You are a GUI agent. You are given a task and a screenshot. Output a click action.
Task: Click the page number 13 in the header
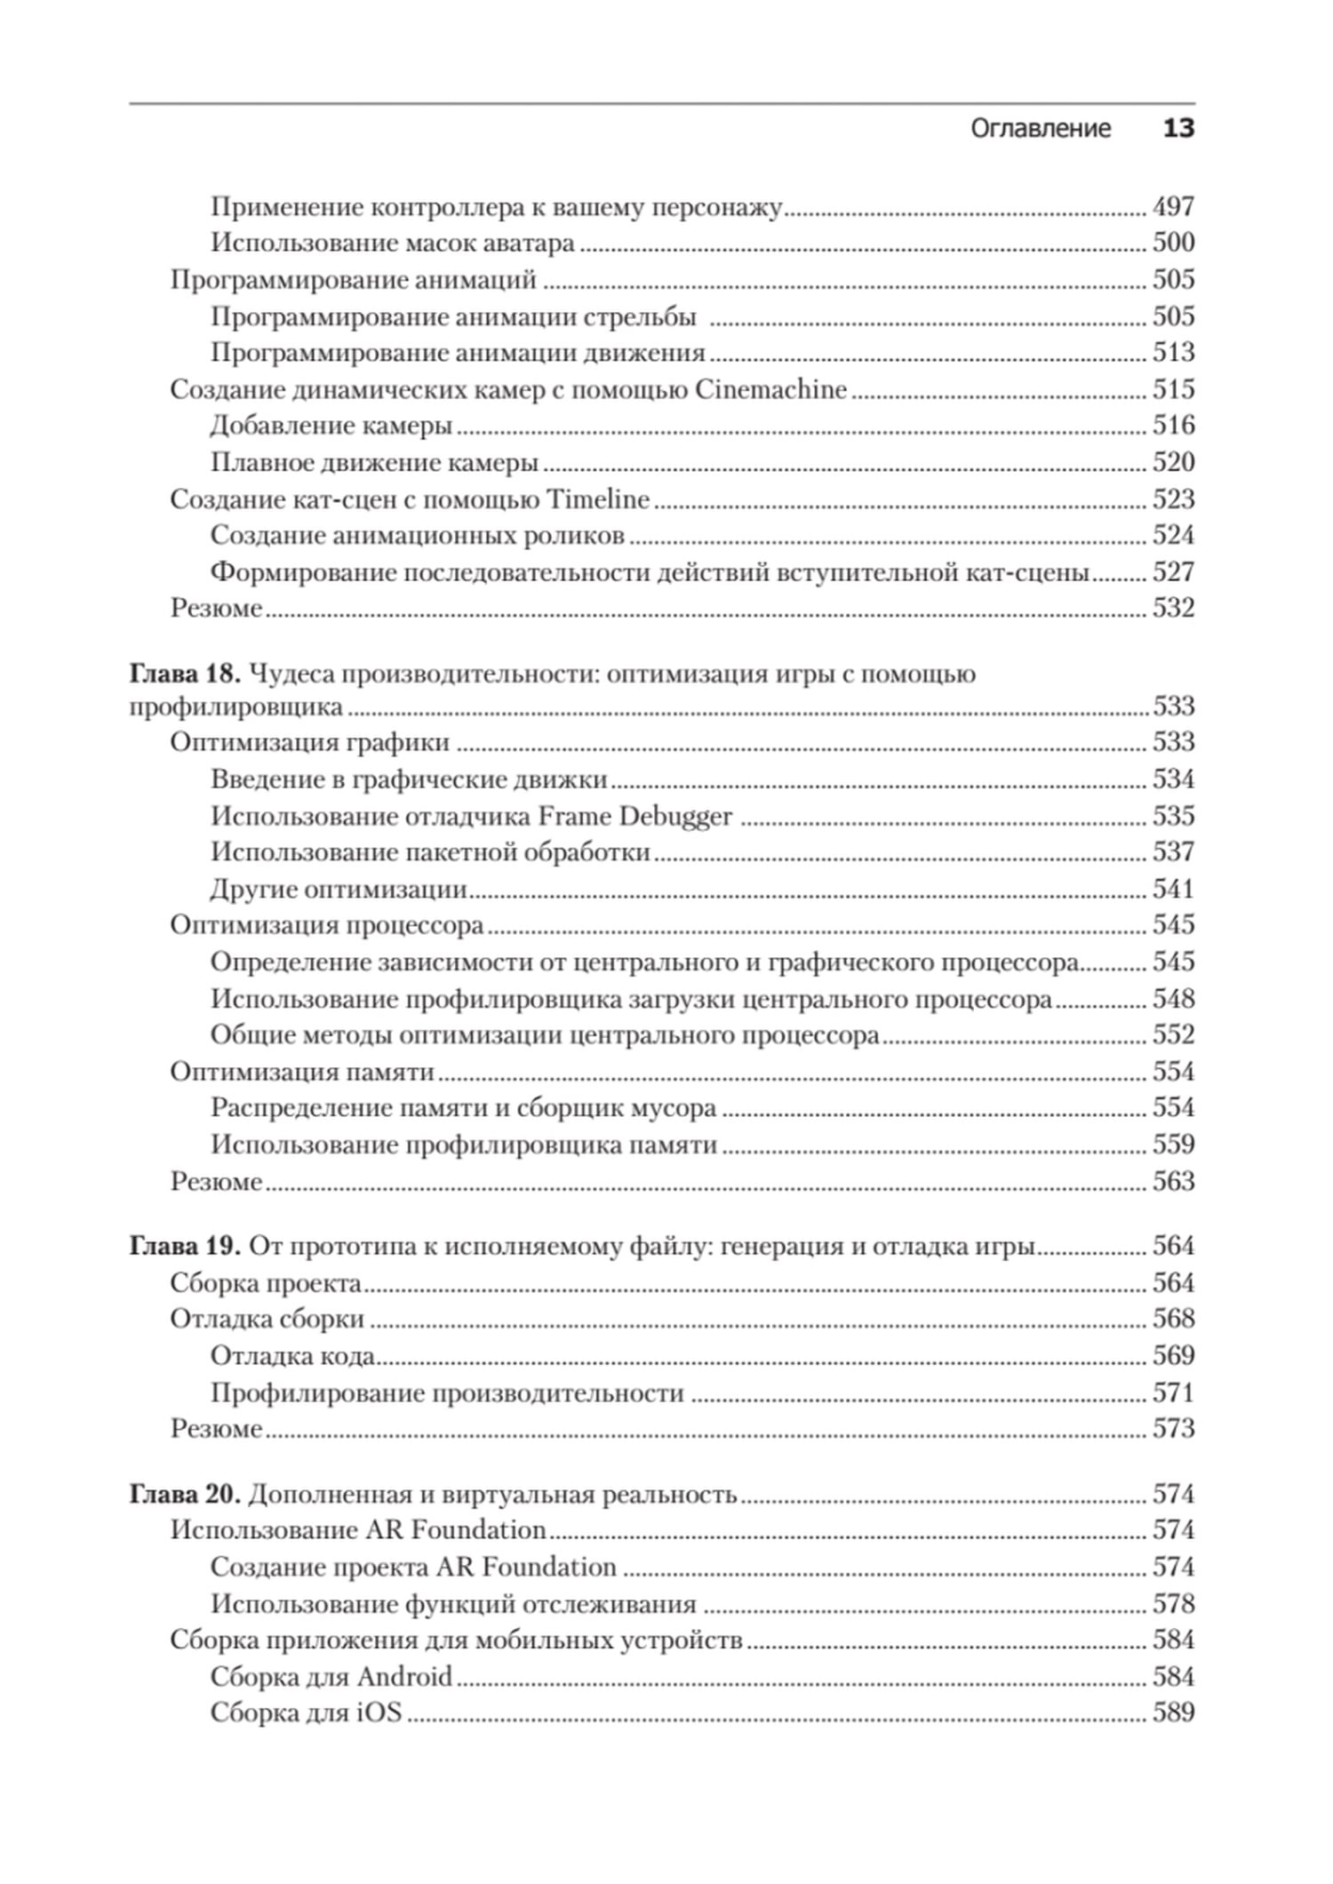[x=1178, y=129]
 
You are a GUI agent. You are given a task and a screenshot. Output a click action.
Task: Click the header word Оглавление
[x=1040, y=129]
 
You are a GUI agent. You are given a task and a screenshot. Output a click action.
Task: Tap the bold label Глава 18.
[x=185, y=674]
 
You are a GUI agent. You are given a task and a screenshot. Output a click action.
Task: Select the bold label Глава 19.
[x=185, y=1246]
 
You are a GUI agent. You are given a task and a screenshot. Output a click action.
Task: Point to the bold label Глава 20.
[x=185, y=1494]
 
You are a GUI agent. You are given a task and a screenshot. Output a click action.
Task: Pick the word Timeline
[x=597, y=499]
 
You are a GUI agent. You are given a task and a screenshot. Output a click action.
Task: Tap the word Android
[x=404, y=1676]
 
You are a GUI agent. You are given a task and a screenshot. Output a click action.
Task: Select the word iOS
[x=379, y=1712]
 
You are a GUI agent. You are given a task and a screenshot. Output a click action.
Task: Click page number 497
[x=1173, y=206]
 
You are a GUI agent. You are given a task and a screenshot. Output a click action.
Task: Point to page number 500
[x=1173, y=243]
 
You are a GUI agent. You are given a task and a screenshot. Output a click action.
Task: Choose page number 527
[x=1173, y=571]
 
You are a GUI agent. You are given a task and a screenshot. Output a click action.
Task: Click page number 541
[x=1173, y=889]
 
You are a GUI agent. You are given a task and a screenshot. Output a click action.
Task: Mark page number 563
[x=1173, y=1181]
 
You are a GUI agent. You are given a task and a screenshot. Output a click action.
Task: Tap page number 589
[x=1173, y=1712]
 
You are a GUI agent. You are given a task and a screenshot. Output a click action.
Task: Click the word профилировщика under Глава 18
[x=235, y=707]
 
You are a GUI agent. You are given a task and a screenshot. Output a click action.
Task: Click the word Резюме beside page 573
[x=216, y=1428]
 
